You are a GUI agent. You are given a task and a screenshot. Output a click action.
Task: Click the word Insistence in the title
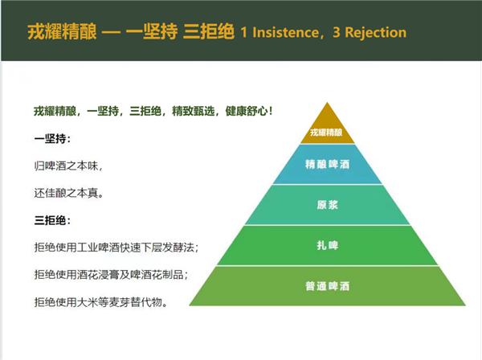click(x=285, y=32)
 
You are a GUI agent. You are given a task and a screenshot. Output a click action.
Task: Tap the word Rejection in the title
click(x=376, y=32)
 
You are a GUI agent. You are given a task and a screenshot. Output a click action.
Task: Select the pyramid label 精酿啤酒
click(x=328, y=164)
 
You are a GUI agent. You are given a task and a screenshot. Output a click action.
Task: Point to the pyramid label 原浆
click(x=328, y=205)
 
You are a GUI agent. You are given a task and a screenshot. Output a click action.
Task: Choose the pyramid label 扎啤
click(x=328, y=245)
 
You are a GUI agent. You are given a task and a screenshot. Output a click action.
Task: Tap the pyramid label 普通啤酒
click(x=328, y=286)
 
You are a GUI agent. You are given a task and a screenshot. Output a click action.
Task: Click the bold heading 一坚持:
click(x=52, y=139)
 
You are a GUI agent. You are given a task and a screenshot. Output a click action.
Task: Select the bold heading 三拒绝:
click(x=52, y=220)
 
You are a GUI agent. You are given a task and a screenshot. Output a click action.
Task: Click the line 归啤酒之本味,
click(x=68, y=166)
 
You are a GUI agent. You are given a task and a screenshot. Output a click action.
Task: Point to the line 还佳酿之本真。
click(x=68, y=193)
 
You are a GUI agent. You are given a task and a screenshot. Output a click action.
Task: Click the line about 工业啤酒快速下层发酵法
click(x=116, y=247)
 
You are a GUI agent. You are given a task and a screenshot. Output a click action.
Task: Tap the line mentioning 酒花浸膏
click(x=111, y=274)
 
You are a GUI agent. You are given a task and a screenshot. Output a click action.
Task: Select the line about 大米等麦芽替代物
click(x=101, y=302)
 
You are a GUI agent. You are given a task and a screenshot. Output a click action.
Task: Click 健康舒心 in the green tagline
click(x=247, y=111)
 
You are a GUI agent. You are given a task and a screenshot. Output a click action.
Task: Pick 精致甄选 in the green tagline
click(x=193, y=111)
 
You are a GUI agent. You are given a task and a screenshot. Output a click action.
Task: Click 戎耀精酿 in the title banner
click(x=62, y=31)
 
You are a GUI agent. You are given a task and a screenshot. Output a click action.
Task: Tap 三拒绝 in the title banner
click(x=209, y=31)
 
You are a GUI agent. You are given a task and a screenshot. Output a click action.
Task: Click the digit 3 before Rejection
click(x=337, y=32)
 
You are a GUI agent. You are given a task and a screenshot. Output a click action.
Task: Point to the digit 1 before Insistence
click(x=243, y=32)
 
